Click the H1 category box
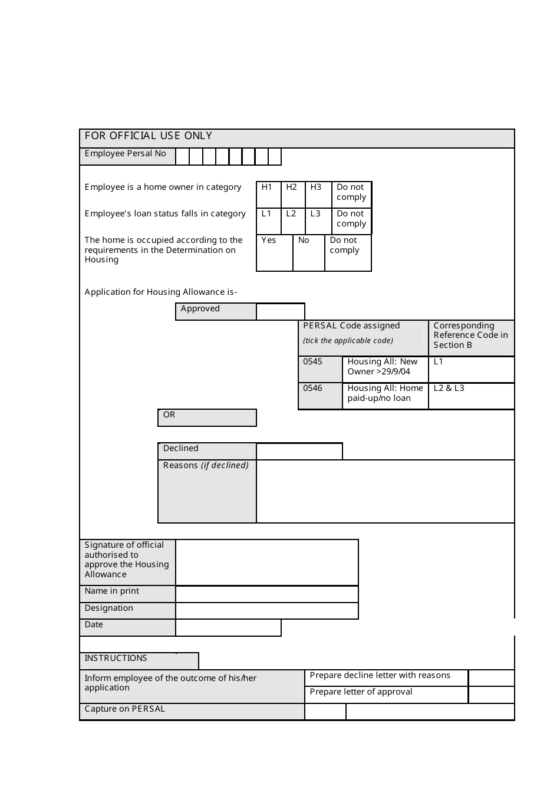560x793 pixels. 268,194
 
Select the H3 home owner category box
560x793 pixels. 318,194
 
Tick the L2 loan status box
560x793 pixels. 292,221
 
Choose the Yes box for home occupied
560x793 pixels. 275,253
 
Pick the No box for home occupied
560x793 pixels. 308,253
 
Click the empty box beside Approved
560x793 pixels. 281,312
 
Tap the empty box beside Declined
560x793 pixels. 299,452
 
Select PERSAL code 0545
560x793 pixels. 320,369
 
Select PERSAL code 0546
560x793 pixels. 320,396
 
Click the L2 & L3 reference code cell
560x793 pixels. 471,396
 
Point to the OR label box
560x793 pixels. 207,417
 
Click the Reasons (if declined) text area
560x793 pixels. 386,491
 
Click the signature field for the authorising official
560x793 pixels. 267,562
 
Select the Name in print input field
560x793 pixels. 267,594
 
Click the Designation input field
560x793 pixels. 267,611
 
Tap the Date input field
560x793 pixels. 228,628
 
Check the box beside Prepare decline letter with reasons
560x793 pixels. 491,678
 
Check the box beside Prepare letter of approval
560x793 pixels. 491,695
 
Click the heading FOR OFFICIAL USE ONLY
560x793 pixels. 149,136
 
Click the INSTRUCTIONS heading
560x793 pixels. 116,659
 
